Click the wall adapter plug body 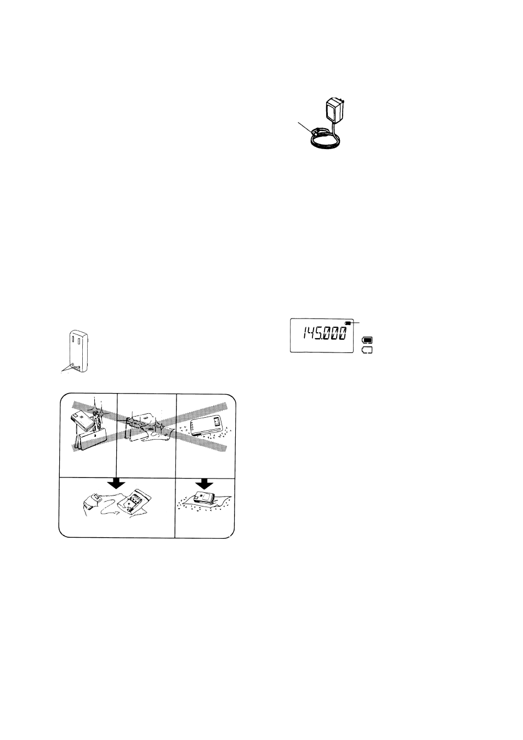(334, 109)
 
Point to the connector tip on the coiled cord (318, 132)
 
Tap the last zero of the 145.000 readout (343, 334)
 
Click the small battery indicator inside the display (347, 323)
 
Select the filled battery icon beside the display (367, 340)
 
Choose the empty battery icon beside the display (367, 350)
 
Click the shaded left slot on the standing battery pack (72, 340)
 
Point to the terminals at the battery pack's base (75, 367)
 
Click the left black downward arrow (117, 484)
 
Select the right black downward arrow (204, 484)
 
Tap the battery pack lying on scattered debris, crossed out (206, 424)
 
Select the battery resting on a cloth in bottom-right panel (204, 497)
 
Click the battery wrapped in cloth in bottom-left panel (93, 499)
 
